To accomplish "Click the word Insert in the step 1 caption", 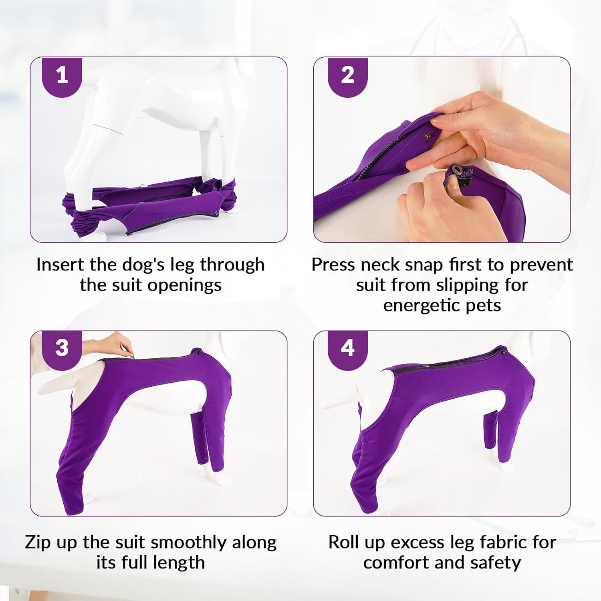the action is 60,264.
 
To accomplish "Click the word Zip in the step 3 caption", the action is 38,543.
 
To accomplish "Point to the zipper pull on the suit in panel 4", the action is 428,366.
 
